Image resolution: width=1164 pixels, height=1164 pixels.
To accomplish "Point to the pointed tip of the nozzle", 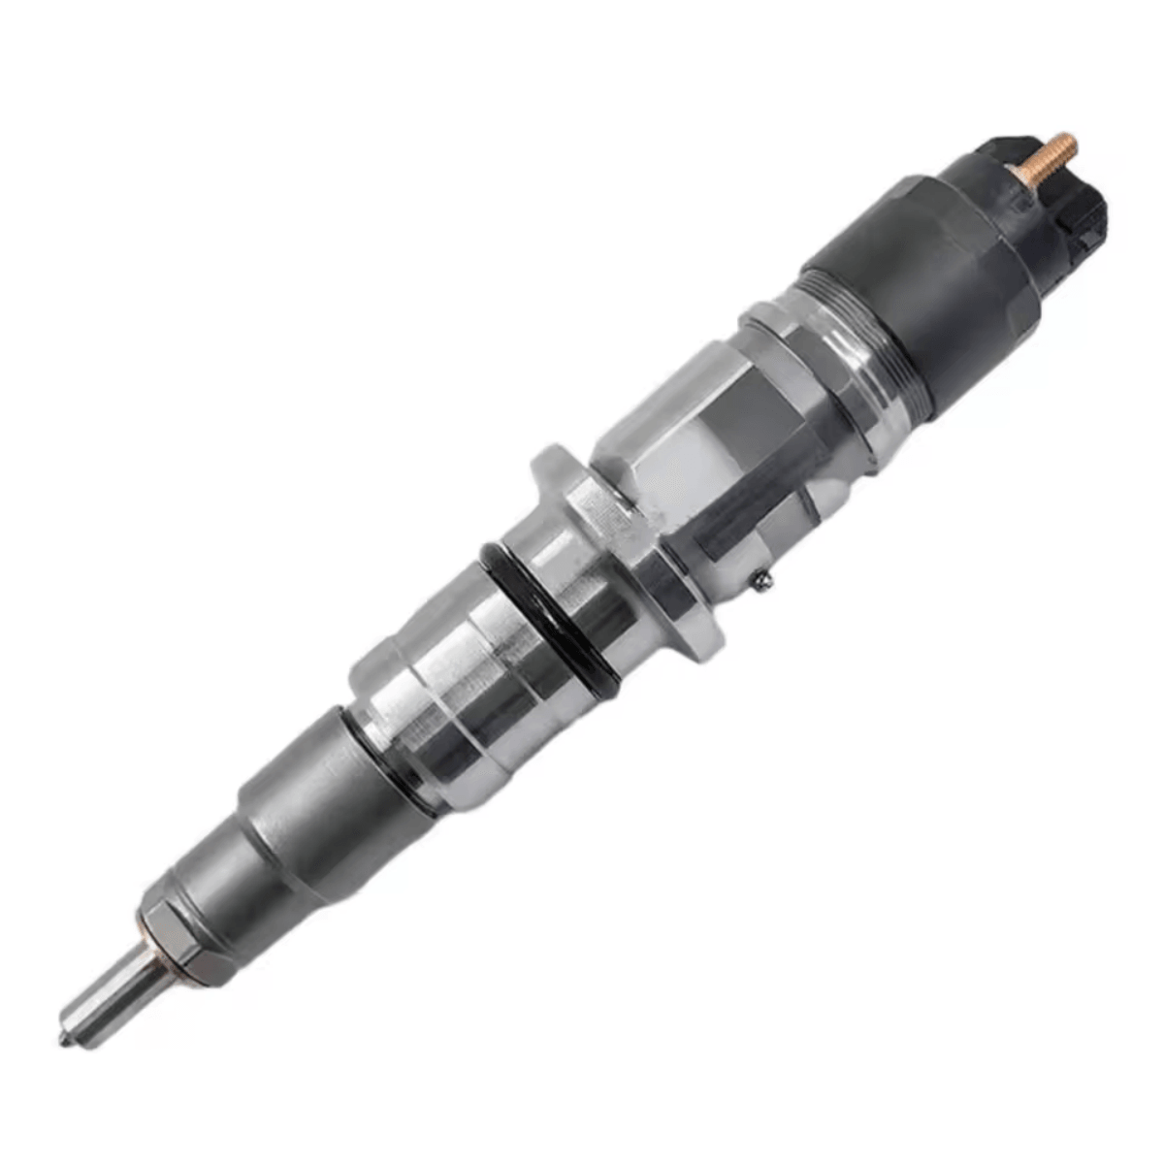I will (x=64, y=1039).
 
